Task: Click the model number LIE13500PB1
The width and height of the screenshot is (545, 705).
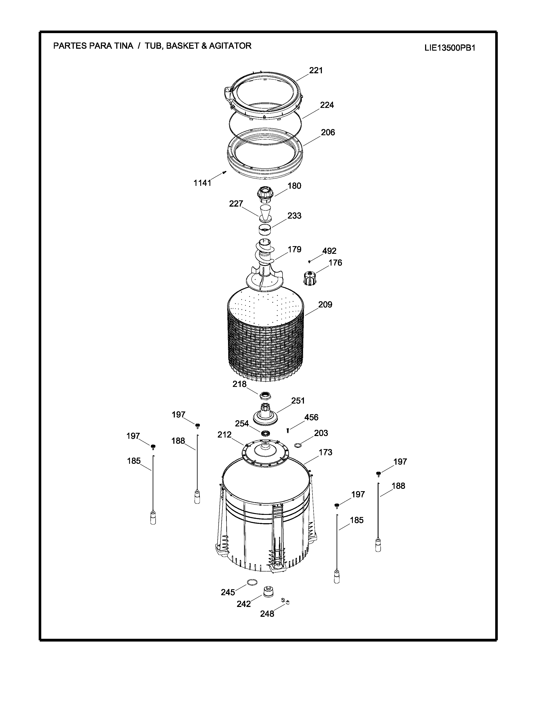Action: [x=450, y=48]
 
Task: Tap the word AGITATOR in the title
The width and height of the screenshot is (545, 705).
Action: [x=230, y=46]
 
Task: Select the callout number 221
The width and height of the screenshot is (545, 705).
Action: [x=316, y=70]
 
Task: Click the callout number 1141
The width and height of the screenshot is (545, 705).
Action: [x=202, y=183]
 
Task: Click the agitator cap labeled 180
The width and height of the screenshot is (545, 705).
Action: [x=265, y=194]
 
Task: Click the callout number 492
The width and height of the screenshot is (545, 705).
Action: [x=329, y=251]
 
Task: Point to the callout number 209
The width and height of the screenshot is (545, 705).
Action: [x=325, y=304]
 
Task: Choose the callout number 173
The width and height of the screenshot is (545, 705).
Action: [x=326, y=452]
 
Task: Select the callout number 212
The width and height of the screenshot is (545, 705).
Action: [x=224, y=435]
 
